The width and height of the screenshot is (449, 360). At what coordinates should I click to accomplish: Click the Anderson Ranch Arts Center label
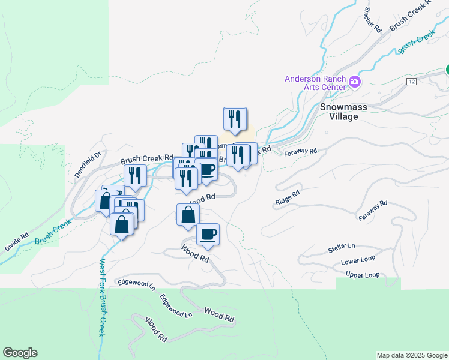click(315, 83)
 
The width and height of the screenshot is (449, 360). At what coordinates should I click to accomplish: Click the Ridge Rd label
click(287, 199)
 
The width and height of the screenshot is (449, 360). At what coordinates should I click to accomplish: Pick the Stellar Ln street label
click(342, 247)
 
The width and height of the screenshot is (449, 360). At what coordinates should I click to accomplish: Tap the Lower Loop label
click(358, 262)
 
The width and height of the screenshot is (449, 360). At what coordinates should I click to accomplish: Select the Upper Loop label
click(363, 275)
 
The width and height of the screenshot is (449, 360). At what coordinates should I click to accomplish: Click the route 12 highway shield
click(411, 81)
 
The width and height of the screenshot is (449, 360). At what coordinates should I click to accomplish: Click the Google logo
click(20, 353)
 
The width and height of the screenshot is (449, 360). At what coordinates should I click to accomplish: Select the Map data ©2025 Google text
click(411, 355)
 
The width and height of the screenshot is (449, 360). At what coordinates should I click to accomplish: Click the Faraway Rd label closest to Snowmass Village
click(302, 152)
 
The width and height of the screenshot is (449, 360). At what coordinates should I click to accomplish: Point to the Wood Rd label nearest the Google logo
click(155, 329)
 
